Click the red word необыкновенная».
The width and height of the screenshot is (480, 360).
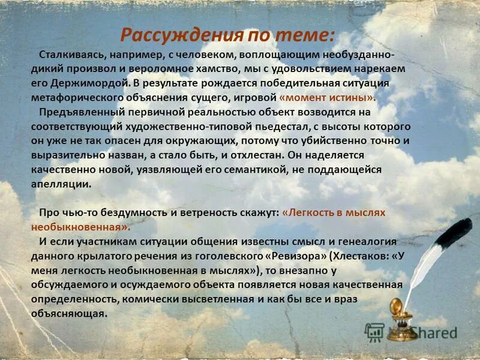click(x=80, y=227)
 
